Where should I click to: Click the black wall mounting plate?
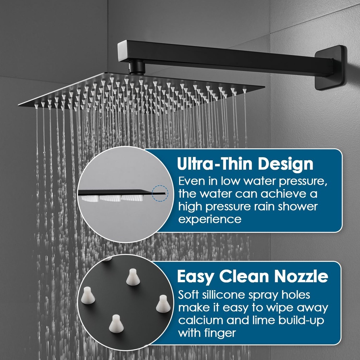click(329, 68)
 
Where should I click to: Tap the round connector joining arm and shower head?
click(136, 67)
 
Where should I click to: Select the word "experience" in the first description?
click(210, 219)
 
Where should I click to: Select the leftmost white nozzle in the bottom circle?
click(88, 295)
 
